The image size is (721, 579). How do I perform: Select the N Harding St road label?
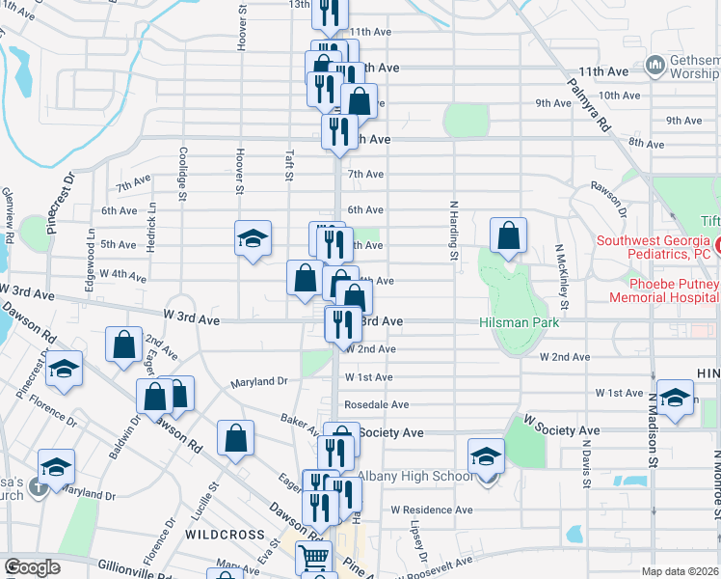pyautogui.click(x=451, y=232)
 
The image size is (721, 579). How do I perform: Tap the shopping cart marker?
pyautogui.click(x=313, y=558)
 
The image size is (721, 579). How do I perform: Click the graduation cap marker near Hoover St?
pyautogui.click(x=254, y=239)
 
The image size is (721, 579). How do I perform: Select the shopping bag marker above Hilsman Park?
pyautogui.click(x=508, y=236)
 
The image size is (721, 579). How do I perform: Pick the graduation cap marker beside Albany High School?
pyautogui.click(x=486, y=456)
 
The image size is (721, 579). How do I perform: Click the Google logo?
pyautogui.click(x=32, y=567)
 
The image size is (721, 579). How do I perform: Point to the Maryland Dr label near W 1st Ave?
pyautogui.click(x=259, y=382)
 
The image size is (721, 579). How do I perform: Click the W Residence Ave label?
pyautogui.click(x=431, y=509)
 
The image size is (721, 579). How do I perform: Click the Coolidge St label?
pyautogui.click(x=181, y=175)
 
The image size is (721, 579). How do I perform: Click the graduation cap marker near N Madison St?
pyautogui.click(x=676, y=400)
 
